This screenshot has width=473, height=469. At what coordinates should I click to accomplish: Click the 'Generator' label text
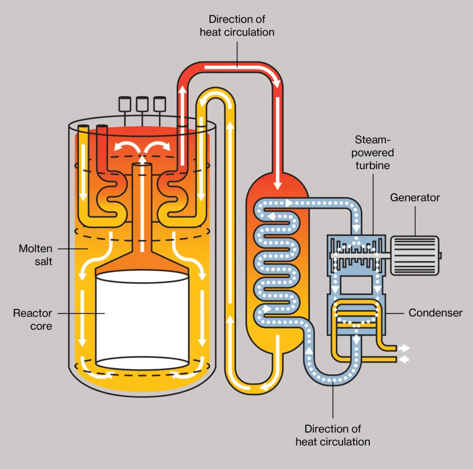(x=415, y=198)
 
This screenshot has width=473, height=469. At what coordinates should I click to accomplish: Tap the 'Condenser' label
(x=435, y=313)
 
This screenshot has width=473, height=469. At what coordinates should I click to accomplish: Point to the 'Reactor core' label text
(x=33, y=319)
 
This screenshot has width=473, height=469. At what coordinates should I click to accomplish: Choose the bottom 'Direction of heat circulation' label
(x=333, y=435)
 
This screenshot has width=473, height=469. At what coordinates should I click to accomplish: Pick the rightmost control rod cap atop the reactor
(x=160, y=103)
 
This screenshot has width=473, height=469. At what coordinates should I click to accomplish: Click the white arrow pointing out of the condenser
(x=404, y=348)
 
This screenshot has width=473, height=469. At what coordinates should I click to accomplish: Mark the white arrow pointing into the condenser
(x=404, y=360)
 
